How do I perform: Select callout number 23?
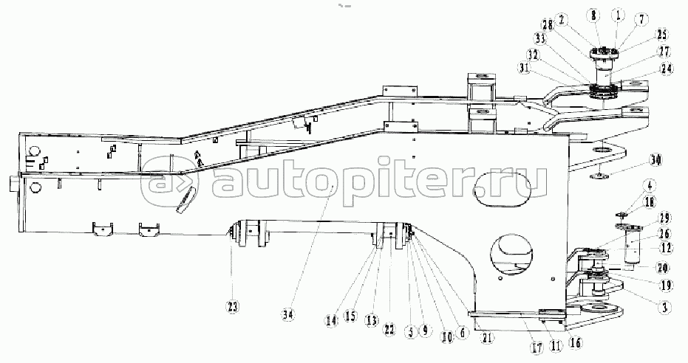pyautogui.click(x=232, y=306)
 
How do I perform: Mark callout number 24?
pyautogui.click(x=667, y=70)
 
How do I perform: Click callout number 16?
pyautogui.click(x=575, y=342)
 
